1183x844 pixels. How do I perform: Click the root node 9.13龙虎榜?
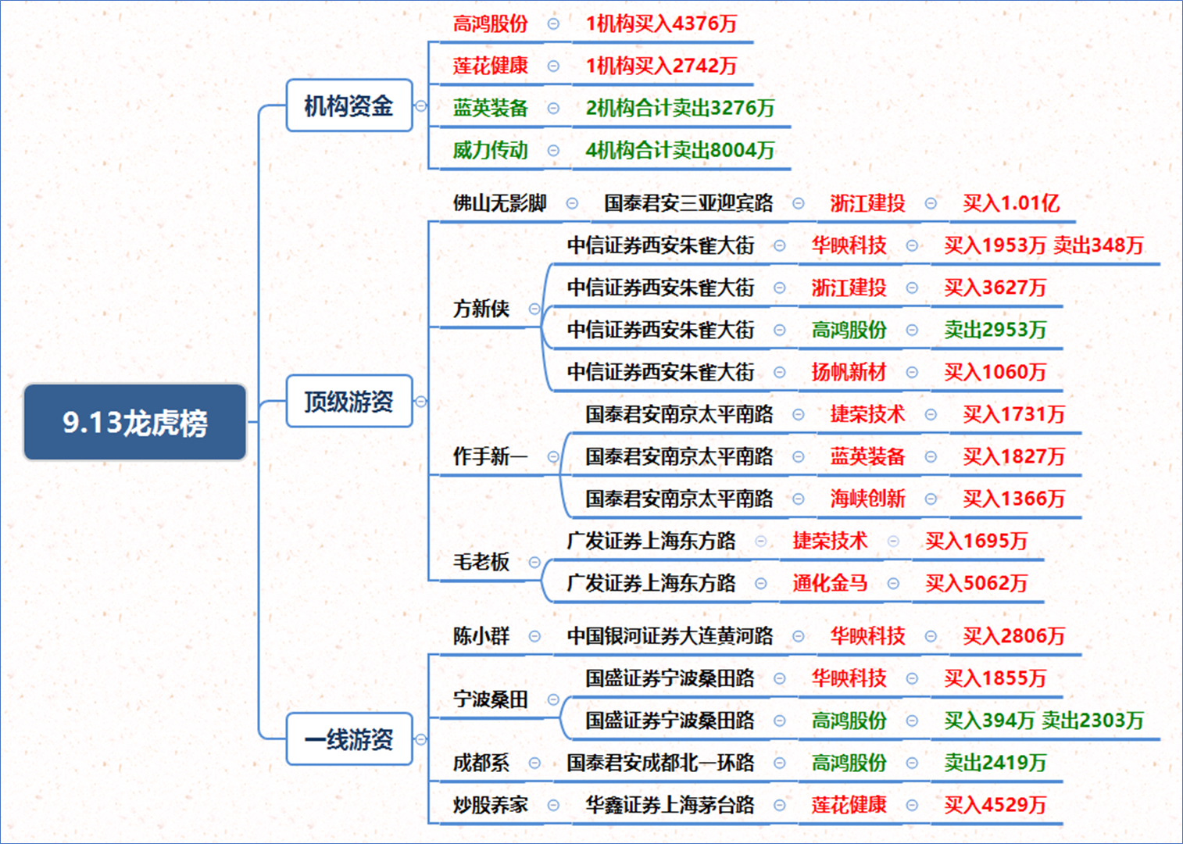135,422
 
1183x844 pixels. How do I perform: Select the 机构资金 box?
349,105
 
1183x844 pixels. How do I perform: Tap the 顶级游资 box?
349,401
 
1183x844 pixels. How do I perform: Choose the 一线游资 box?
349,739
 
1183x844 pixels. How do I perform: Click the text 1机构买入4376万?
662,23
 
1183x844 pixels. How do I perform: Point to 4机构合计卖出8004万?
681,150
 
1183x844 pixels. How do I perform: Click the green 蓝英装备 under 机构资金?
491,108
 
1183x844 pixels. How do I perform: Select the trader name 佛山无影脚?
499,203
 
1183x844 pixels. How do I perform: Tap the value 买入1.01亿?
1011,203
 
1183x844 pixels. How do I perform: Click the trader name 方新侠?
481,309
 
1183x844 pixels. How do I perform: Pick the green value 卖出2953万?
995,330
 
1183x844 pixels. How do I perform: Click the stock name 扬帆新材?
849,372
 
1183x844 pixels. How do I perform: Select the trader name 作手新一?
491,456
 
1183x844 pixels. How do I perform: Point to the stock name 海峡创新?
867,499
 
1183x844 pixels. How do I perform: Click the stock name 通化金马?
831,583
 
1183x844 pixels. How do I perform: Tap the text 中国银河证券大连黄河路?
670,636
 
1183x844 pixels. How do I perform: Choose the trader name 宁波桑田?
491,699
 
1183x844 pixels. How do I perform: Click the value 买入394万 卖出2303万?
1044,721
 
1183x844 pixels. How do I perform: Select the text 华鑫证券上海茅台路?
670,805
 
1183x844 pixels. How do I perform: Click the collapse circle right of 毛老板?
534,562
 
